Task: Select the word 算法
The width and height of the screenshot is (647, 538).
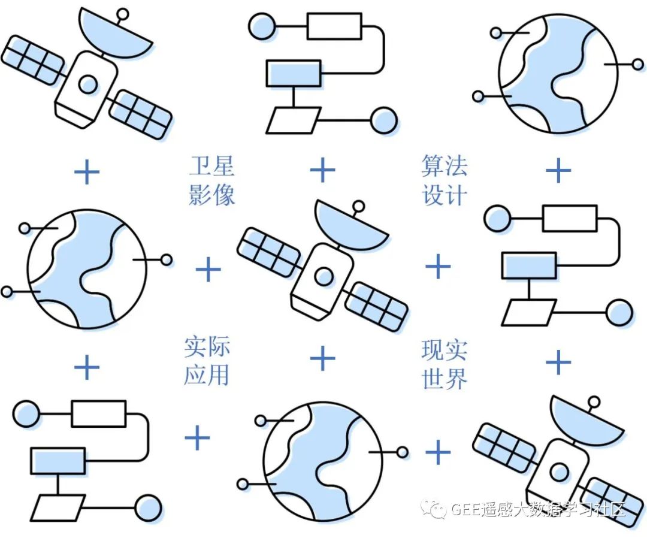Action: click(444, 167)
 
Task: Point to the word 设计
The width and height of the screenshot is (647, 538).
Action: click(444, 194)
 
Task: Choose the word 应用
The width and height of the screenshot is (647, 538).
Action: click(207, 375)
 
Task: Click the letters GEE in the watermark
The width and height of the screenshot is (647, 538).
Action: click(464, 510)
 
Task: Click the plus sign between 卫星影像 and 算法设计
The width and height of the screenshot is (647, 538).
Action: click(323, 170)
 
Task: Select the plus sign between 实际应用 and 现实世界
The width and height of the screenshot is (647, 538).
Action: click(323, 359)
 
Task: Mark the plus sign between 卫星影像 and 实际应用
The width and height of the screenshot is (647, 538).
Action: click(208, 270)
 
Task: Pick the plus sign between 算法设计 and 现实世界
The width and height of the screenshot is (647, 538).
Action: click(438, 266)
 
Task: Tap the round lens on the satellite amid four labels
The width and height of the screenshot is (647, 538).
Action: click(324, 276)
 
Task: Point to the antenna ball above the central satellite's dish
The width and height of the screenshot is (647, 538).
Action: click(359, 207)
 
